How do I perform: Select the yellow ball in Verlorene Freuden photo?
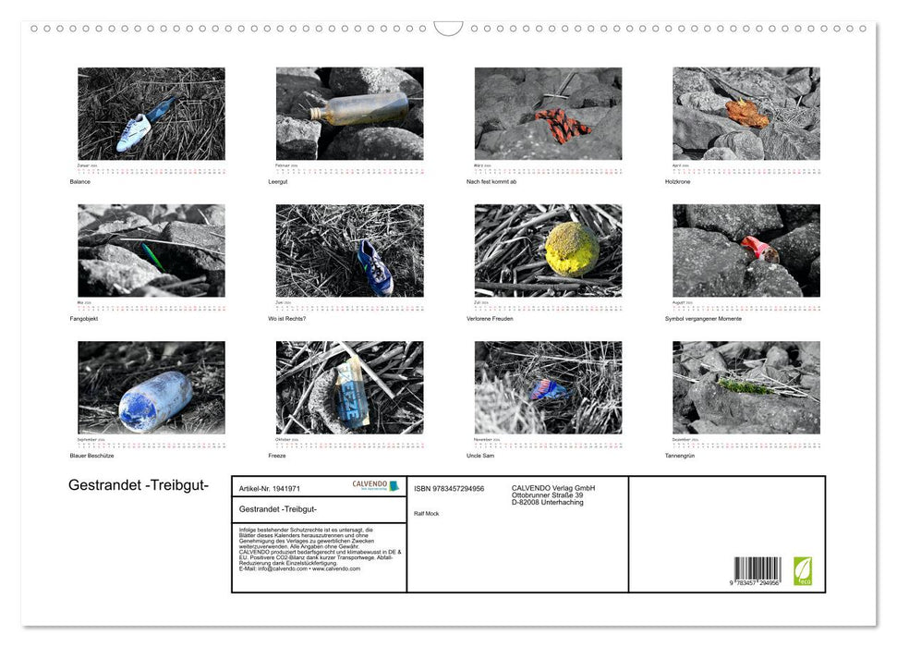(x=571, y=248)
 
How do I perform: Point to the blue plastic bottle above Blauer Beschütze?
(x=155, y=399)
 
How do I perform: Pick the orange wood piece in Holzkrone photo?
(x=745, y=114)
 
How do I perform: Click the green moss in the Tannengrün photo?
(x=745, y=386)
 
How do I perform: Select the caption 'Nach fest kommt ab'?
(x=491, y=182)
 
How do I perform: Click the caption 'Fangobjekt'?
(x=83, y=319)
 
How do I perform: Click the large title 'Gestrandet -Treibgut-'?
(x=139, y=486)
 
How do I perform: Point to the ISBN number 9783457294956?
(x=449, y=488)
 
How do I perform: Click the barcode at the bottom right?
(x=757, y=569)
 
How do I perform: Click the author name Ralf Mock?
(x=427, y=513)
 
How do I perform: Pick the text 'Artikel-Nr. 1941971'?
(x=269, y=488)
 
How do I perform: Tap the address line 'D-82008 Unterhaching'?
(x=547, y=502)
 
